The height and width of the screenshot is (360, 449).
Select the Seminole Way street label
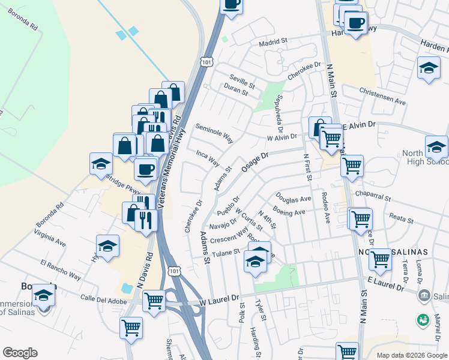[x=214, y=134]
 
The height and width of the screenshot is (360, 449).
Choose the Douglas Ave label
[x=293, y=199]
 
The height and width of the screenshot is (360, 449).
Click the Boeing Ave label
[x=289, y=212]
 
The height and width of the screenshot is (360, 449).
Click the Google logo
[x=20, y=353]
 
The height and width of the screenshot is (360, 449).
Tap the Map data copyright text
[x=411, y=355]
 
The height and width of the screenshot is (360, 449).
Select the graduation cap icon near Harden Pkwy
[x=429, y=67]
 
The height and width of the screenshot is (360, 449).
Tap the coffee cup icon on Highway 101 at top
[x=231, y=4]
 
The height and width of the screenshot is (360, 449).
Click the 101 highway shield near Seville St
[x=207, y=61]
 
